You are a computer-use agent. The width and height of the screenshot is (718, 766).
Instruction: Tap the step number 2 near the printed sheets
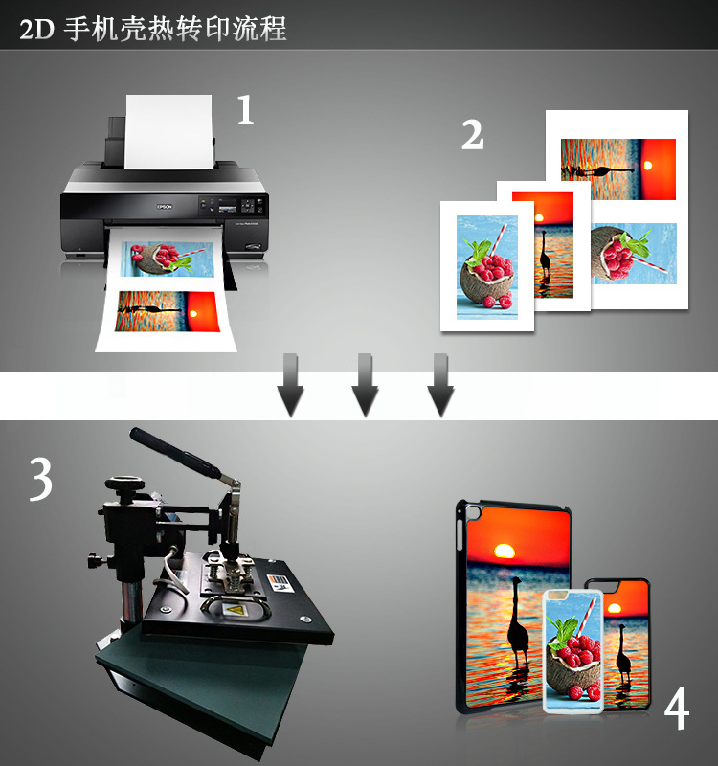click(472, 134)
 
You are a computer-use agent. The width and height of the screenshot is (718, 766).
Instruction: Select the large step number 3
click(40, 480)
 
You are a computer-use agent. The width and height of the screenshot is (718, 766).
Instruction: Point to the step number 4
click(676, 709)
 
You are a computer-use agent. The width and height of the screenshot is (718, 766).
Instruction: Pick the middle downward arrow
click(365, 385)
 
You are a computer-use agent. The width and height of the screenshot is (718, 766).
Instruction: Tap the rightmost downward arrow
click(439, 385)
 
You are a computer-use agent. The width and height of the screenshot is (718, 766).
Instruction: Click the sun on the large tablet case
click(505, 552)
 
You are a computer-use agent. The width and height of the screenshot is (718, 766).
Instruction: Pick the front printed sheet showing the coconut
click(486, 266)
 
